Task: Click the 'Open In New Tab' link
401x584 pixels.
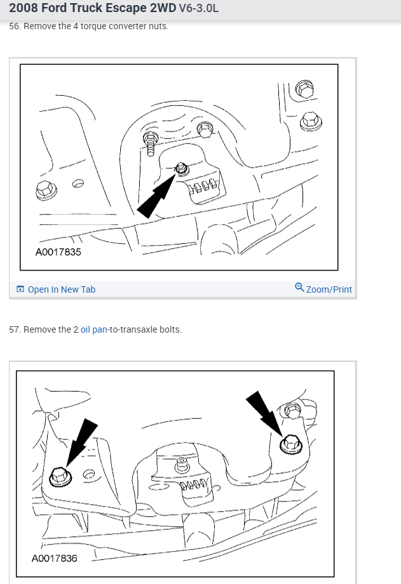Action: point(56,289)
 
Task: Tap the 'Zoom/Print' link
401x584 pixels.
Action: point(323,289)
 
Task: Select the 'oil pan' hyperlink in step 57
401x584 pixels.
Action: point(94,329)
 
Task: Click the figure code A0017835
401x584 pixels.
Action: point(58,252)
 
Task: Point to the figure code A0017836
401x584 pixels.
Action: point(55,559)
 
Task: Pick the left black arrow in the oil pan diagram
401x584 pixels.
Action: point(82,442)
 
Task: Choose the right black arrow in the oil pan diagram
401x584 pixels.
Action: point(264,413)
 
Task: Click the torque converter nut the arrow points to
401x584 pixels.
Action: point(182,168)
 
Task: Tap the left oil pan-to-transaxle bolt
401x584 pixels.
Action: point(60,477)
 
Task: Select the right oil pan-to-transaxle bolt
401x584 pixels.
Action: point(291,444)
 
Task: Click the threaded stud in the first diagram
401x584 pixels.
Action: point(151,144)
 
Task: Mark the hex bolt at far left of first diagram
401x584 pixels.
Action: point(46,190)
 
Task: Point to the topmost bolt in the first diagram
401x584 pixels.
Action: point(304,89)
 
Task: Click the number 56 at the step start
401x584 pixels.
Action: point(15,27)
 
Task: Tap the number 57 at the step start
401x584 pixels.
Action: point(15,329)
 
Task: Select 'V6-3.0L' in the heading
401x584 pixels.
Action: point(199,8)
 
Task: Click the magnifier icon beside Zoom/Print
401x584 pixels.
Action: point(299,287)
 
